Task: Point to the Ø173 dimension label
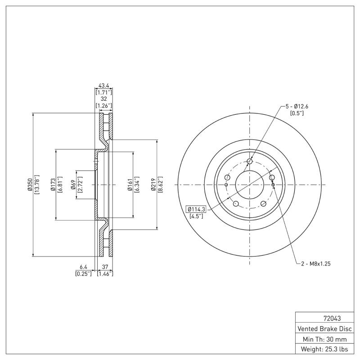point(53,185)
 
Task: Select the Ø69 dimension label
point(72,185)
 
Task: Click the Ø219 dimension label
point(153,185)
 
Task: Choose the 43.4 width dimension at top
point(103,85)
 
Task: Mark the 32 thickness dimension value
point(103,99)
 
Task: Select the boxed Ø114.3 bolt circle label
point(196,209)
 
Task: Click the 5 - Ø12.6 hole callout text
point(297,106)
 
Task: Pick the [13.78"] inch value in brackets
point(37,185)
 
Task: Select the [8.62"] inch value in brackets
point(160,185)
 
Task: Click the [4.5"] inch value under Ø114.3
point(196,216)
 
